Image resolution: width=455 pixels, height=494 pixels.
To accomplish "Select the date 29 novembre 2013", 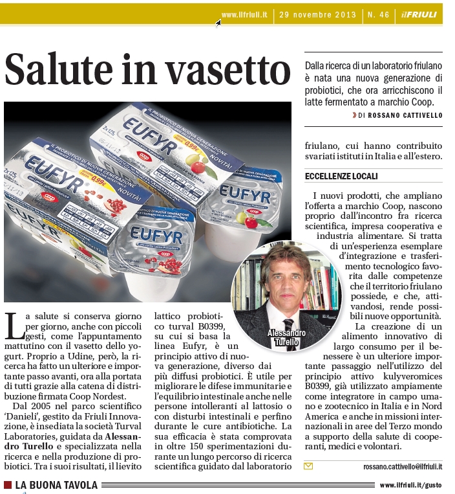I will coord(318,15).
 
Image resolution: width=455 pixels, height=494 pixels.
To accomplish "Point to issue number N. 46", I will coord(377,15).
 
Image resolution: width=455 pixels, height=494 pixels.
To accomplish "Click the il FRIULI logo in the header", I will coord(418,15).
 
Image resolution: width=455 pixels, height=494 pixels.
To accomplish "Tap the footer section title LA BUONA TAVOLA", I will coord(56,485).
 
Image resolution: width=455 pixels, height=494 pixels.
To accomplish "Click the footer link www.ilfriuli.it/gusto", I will coord(411,485).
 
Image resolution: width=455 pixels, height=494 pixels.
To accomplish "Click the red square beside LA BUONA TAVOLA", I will coord(8,485).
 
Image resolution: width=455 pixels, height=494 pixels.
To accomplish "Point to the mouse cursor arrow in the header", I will coord(218,23).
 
